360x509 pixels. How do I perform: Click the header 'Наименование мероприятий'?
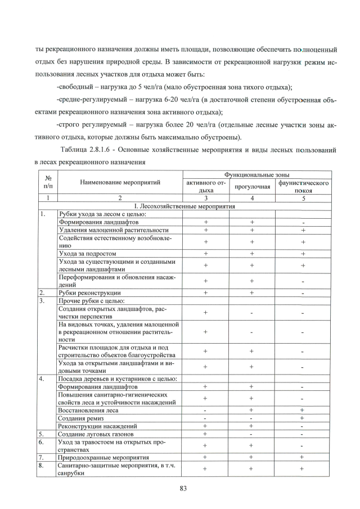point(120,182)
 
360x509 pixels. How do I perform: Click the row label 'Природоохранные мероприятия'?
point(104,458)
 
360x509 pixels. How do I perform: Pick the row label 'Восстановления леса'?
point(89,411)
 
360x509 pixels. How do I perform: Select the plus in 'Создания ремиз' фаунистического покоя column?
point(303,418)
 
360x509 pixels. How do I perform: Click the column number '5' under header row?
point(303,199)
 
